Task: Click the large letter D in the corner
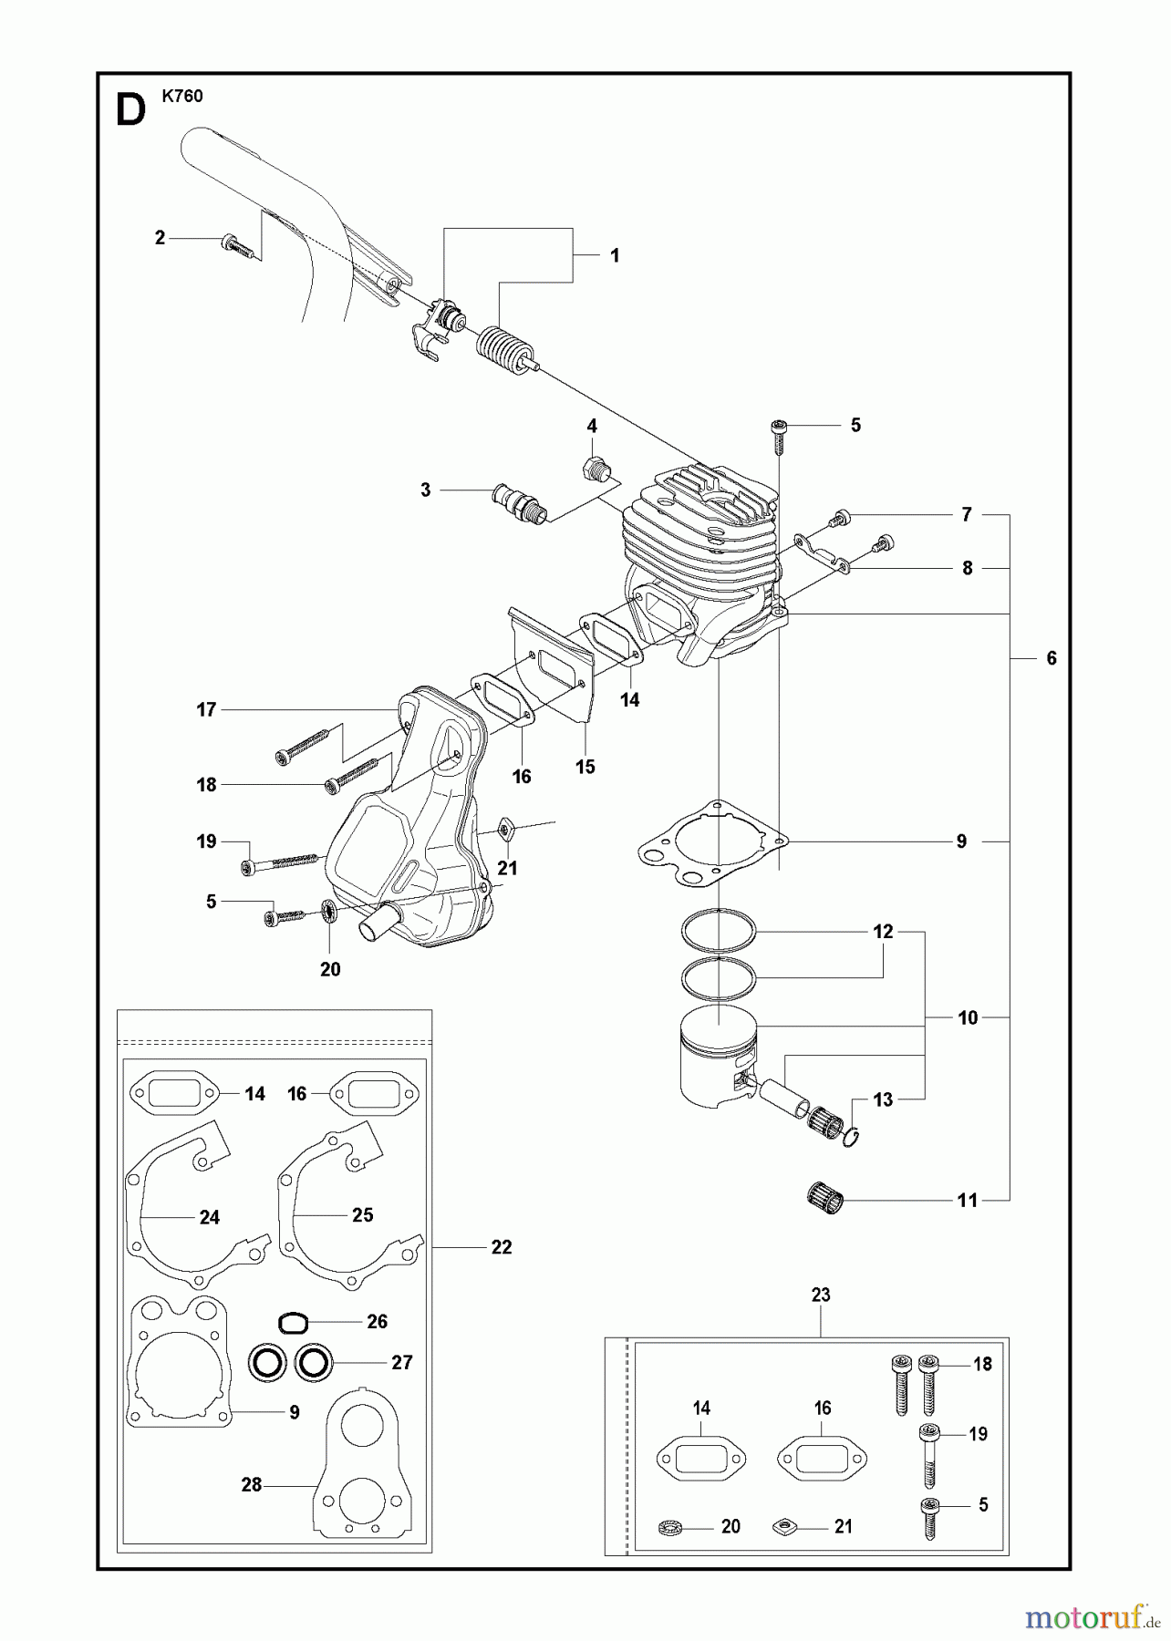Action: (x=131, y=110)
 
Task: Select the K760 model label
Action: (x=182, y=96)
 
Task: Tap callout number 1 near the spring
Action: (x=615, y=255)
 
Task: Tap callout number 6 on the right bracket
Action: (x=1051, y=658)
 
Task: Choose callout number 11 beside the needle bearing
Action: (x=968, y=1201)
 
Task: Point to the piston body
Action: (x=716, y=1062)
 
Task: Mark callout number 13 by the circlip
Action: (x=883, y=1099)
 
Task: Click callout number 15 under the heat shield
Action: (x=585, y=767)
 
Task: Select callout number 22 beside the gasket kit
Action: (x=502, y=1247)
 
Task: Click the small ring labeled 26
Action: (x=292, y=1323)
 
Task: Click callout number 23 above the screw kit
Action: (x=821, y=1295)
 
